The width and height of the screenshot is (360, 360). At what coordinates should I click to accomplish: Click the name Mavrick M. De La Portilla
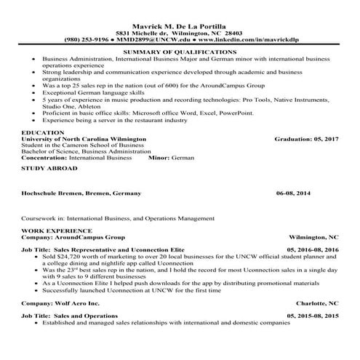pyautogui.click(x=180, y=24)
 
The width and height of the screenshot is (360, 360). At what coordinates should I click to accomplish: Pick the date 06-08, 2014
pyautogui.click(x=292, y=194)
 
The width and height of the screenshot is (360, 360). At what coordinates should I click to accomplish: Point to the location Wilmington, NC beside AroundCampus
pyautogui.click(x=313, y=237)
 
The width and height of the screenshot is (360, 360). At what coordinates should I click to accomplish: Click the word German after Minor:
pyautogui.click(x=185, y=156)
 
